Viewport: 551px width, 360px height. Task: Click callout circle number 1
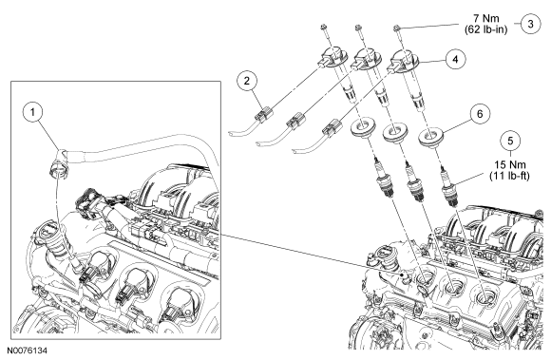pyautogui.click(x=32, y=112)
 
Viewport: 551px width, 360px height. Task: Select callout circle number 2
pyautogui.click(x=247, y=81)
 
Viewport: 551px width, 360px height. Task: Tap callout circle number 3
pyautogui.click(x=530, y=24)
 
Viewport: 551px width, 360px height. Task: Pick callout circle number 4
pyautogui.click(x=455, y=59)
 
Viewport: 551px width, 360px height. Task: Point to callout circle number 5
pyautogui.click(x=510, y=141)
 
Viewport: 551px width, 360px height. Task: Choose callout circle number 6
pyautogui.click(x=480, y=114)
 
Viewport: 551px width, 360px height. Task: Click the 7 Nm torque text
pyautogui.click(x=486, y=18)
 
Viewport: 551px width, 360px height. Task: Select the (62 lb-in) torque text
pyautogui.click(x=486, y=29)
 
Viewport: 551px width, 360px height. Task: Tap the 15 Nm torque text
pyautogui.click(x=510, y=164)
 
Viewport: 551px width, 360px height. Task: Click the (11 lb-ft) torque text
pyautogui.click(x=509, y=176)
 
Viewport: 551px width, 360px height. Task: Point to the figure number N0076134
pyautogui.click(x=28, y=351)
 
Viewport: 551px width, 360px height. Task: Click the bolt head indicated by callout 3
pyautogui.click(x=396, y=27)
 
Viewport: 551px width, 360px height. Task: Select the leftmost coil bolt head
pyautogui.click(x=322, y=27)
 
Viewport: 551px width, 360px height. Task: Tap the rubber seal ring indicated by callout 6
pyautogui.click(x=430, y=136)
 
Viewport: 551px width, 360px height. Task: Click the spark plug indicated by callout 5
pyautogui.click(x=448, y=185)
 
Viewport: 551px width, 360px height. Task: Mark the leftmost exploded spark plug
pyautogui.click(x=383, y=179)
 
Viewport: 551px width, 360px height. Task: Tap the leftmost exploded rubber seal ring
pyautogui.click(x=363, y=125)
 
